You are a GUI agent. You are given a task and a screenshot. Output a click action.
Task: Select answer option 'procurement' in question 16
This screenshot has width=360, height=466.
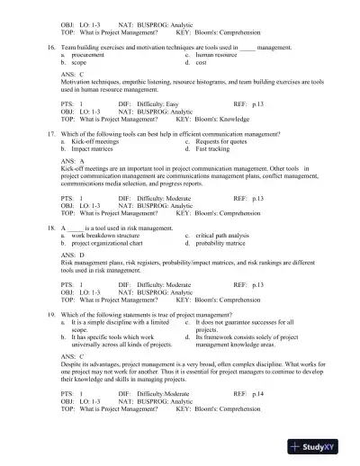click(88, 55)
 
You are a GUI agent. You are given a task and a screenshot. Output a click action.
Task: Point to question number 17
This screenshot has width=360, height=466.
click(51, 132)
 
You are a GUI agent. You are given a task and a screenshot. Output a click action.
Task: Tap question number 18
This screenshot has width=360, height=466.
click(51, 229)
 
